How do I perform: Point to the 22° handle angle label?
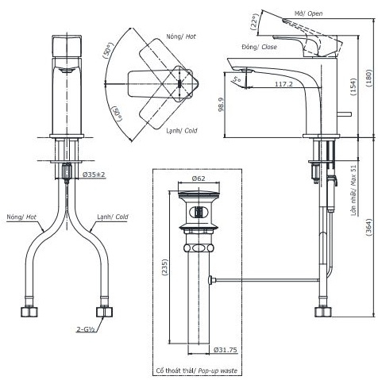(x=253, y=23)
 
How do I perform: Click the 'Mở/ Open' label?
(x=308, y=12)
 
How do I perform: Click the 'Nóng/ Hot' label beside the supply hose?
(x=21, y=216)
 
